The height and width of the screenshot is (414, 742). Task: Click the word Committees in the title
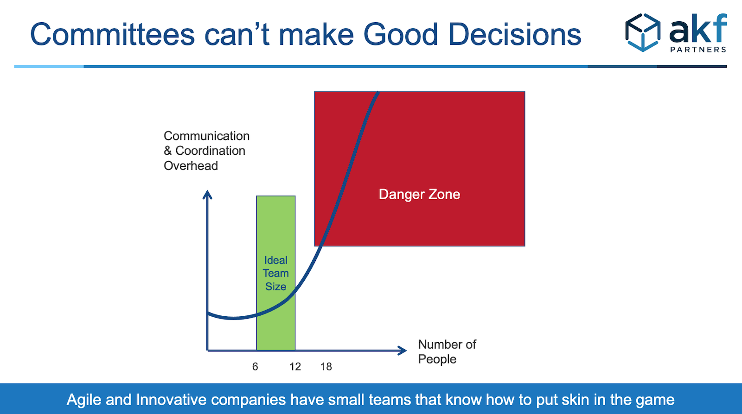pos(112,34)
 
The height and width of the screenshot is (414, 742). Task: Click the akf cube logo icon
pos(643,32)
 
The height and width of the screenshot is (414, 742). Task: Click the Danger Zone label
pos(419,194)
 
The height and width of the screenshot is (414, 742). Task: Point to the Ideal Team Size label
pos(275,273)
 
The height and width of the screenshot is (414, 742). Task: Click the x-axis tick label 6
pos(255,366)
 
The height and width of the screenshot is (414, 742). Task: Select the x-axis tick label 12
pos(295,366)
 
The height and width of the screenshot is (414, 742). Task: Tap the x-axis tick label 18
pos(326,366)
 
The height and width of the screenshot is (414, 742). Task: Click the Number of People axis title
pos(447,352)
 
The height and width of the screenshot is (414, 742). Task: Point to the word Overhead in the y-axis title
pos(191,166)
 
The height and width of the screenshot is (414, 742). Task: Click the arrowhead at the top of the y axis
pos(207,194)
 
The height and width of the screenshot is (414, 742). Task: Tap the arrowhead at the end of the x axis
pos(402,351)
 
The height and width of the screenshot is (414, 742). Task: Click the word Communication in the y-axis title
pos(207,136)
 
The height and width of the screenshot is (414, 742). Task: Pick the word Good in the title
pos(401,34)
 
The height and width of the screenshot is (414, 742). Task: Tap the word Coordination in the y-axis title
pos(211,151)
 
